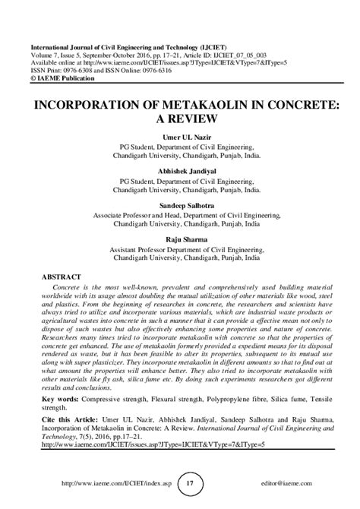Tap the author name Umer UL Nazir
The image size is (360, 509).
179,135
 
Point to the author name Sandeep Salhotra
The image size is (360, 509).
179,205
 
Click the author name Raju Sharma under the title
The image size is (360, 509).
179,240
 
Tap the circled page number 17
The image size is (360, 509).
191,483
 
